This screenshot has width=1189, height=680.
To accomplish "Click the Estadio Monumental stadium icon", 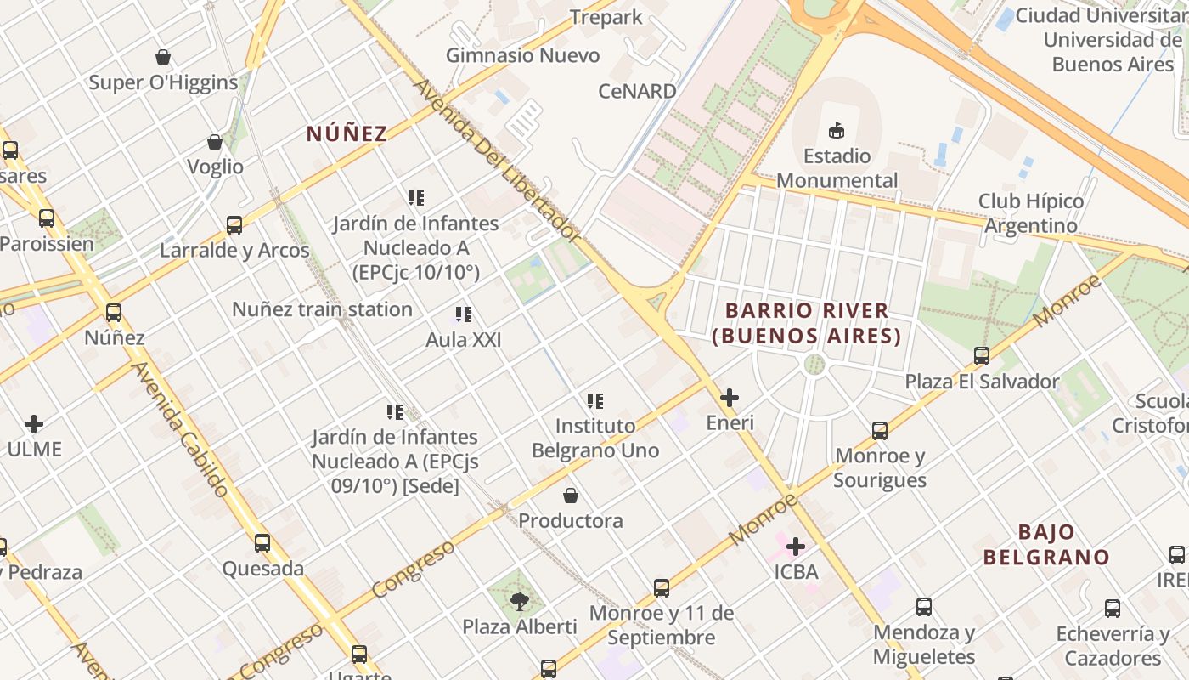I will tap(837, 130).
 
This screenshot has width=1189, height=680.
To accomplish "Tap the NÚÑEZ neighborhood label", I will tap(347, 133).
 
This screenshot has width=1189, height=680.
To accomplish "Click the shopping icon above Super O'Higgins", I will tap(163, 57).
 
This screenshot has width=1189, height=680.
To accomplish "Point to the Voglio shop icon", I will tap(215, 142).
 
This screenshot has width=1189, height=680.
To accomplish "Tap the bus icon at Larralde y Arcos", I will tap(234, 225).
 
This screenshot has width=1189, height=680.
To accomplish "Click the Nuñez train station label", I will tap(322, 309).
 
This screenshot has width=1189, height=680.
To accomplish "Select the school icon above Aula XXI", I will tap(463, 314).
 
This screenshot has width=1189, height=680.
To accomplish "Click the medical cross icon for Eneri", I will tap(730, 397).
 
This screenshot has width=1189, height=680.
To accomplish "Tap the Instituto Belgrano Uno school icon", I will tap(595, 400).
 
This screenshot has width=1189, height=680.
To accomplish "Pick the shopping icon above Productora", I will tap(571, 495).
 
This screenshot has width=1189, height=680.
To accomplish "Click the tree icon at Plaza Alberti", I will tap(519, 602).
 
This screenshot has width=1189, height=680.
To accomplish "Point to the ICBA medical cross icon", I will tap(796, 546).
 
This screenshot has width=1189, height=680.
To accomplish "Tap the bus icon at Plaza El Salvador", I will tap(982, 356).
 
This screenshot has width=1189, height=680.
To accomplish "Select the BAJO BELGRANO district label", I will tap(1046, 545).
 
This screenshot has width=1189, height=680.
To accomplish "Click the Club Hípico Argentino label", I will tap(1031, 213).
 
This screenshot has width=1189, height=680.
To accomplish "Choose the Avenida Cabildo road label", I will tap(181, 430).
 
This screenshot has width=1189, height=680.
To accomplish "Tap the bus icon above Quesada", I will tap(262, 543).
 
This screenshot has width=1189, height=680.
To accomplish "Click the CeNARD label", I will tap(637, 91).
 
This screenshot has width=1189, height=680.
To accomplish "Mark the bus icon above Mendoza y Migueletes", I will tap(924, 607).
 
